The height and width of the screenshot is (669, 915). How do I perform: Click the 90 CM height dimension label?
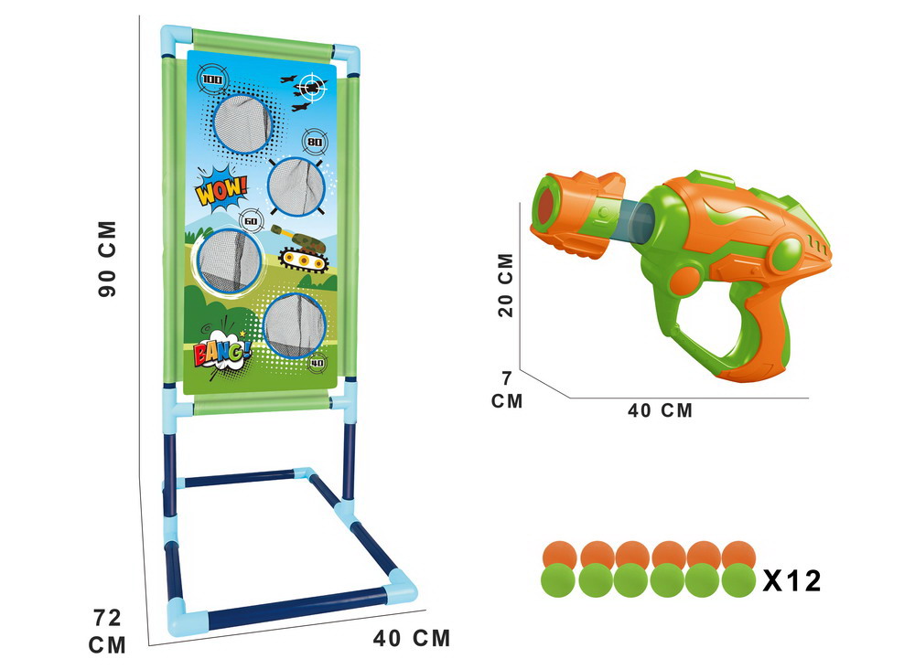coord(107,259)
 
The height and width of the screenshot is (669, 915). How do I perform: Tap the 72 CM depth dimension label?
coord(107,632)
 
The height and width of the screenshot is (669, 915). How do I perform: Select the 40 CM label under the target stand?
coord(412,638)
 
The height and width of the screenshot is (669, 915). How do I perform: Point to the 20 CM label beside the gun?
coord(505,285)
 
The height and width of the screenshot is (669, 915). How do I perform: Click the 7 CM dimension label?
coord(507,390)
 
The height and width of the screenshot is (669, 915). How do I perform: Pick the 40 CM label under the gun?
coord(660,410)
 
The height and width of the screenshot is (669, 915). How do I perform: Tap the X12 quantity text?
coord(791,580)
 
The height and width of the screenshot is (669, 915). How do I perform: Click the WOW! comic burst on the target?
coord(221,189)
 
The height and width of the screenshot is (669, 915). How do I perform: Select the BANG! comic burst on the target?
coord(221,352)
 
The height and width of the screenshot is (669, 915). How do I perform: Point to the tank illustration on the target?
coord(299,250)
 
